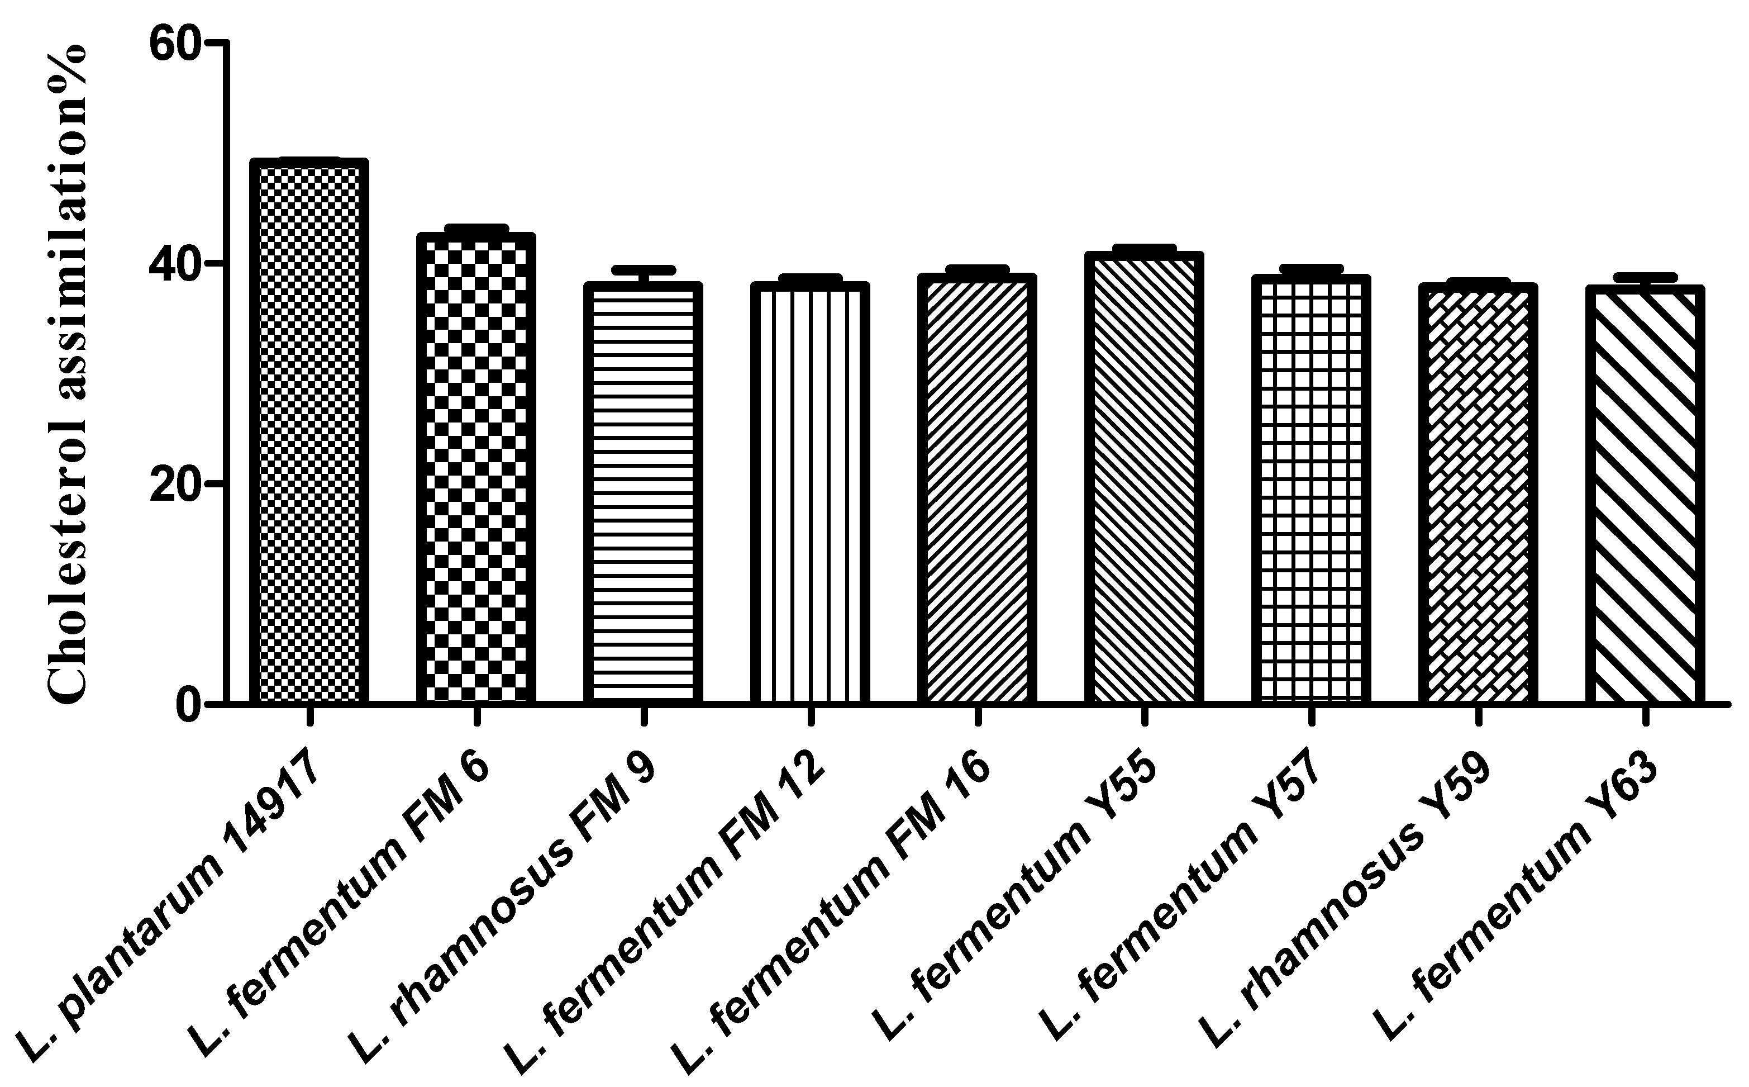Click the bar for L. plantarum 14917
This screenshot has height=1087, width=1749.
coord(309,431)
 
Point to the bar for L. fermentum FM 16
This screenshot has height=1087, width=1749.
coord(976,489)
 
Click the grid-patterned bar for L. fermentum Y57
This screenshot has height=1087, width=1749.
coord(1310,490)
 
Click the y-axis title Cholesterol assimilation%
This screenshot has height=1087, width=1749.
coord(68,374)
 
